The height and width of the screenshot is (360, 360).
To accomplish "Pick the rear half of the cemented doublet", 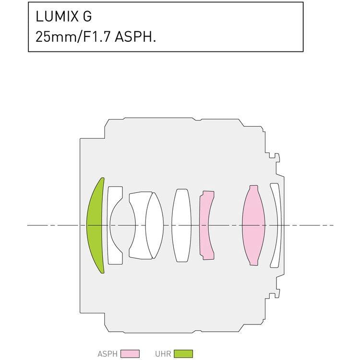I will [x=155, y=225].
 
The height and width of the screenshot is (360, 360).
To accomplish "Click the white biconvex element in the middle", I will [x=181, y=225].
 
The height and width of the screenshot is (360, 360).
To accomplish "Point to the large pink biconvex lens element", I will [x=253, y=225].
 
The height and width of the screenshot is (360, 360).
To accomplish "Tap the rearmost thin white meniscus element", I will [x=276, y=225].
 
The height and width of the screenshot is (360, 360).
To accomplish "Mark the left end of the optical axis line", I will [x=28, y=225].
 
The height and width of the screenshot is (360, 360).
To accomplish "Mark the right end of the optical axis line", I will [x=333, y=225].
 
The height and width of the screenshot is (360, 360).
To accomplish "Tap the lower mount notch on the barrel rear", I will [x=273, y=293].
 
